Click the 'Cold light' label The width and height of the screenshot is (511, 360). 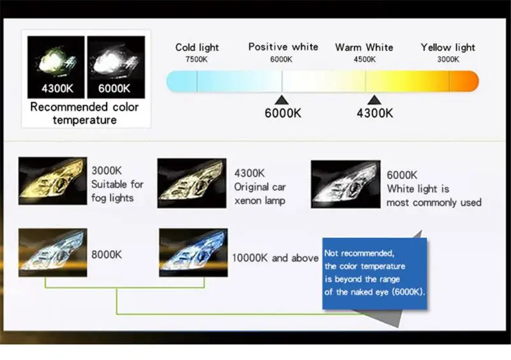[197, 47]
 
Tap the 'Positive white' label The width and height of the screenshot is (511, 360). [283, 47]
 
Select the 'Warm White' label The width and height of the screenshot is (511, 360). [364, 47]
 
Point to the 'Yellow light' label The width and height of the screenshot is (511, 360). [448, 47]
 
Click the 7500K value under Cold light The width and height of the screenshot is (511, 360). [196, 59]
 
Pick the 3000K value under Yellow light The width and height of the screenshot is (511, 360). [448, 59]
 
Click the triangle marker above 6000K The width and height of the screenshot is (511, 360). [282, 100]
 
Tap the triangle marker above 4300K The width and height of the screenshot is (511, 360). [374, 100]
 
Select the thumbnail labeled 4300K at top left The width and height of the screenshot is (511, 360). [57, 66]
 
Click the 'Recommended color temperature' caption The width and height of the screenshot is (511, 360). [84, 114]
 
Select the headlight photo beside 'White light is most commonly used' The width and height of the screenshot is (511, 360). [346, 184]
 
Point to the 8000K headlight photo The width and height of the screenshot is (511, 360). [53, 253]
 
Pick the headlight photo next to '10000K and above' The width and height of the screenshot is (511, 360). [193, 253]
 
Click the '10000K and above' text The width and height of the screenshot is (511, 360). [275, 258]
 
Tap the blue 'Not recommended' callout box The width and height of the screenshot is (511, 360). [374, 273]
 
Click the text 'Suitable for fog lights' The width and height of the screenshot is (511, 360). [117, 191]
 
